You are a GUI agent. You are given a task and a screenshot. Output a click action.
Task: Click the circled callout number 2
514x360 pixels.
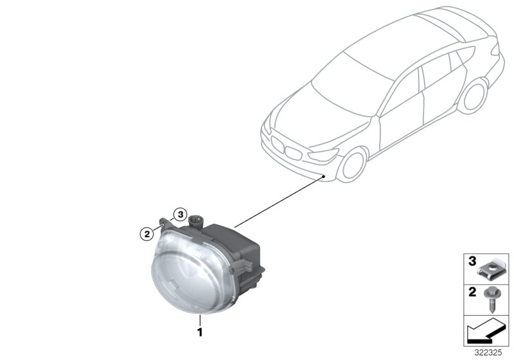(x=147, y=233)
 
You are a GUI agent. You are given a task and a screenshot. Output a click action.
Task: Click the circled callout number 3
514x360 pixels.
(x=181, y=214)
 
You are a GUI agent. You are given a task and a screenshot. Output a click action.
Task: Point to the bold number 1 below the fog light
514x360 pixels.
(x=200, y=332)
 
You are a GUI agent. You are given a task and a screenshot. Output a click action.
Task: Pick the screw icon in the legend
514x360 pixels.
(x=492, y=297)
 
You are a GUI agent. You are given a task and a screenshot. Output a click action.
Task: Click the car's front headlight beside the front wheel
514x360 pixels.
(x=323, y=156)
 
